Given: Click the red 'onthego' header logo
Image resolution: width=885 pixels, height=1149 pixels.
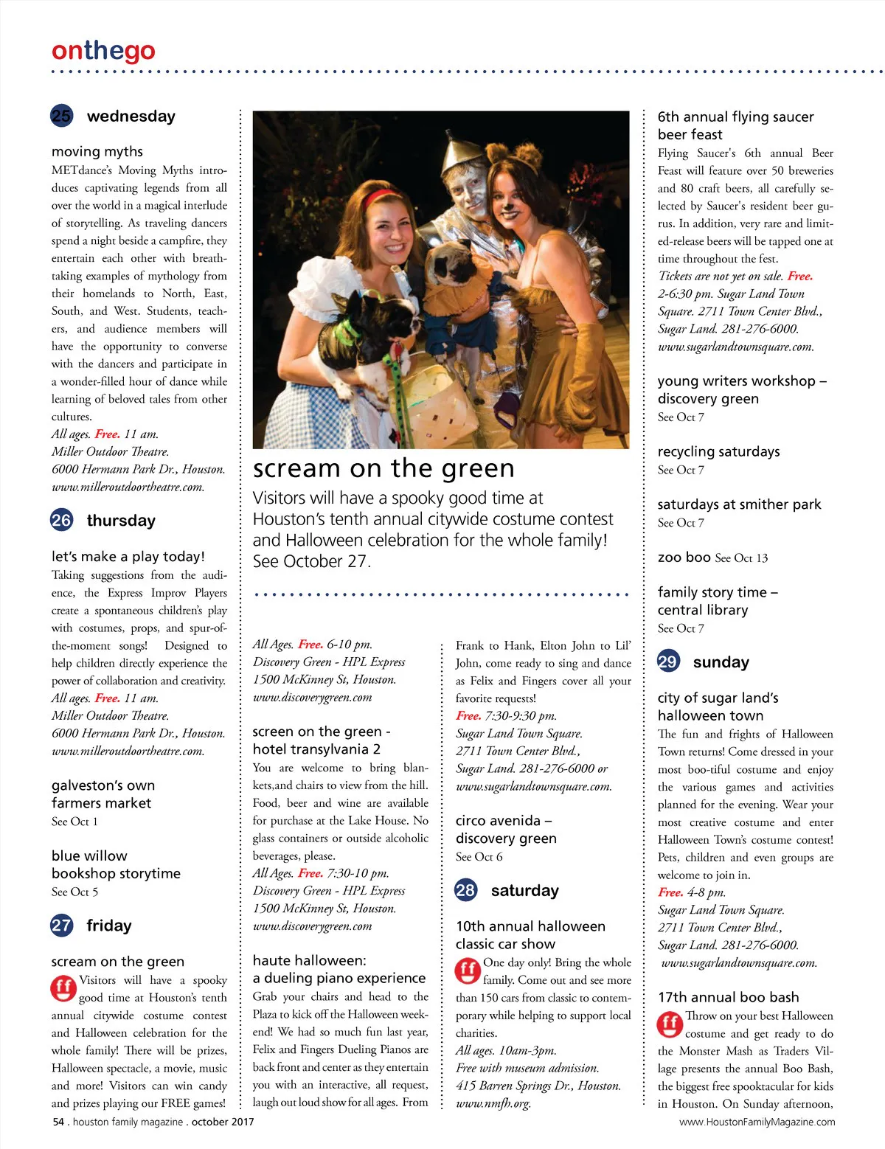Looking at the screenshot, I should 103,51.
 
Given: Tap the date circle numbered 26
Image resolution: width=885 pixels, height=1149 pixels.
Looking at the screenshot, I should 61,520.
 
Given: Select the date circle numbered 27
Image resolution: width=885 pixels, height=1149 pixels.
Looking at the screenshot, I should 61,925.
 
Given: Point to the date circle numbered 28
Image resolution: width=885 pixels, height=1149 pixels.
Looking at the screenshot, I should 465,890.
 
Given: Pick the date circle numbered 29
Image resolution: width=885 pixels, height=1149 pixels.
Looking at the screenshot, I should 667,662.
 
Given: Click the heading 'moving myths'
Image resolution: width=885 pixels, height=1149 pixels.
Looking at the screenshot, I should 97,151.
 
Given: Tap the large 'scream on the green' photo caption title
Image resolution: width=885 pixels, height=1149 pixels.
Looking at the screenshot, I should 383,468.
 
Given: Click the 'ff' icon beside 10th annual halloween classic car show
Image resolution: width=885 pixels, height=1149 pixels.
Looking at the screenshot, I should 467,970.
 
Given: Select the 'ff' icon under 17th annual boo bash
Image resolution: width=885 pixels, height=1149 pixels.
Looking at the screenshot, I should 670,1024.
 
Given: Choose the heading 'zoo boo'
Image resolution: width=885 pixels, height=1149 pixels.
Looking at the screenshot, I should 684,558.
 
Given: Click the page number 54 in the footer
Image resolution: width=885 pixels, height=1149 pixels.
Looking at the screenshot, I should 58,1122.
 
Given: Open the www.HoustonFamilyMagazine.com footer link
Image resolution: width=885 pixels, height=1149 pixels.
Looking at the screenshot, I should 757,1122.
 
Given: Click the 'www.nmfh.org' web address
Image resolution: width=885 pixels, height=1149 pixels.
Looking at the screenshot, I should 493,1103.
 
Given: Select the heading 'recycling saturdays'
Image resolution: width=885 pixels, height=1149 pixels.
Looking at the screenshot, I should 718,451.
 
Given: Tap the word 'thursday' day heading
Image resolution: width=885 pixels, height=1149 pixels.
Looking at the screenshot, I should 121,521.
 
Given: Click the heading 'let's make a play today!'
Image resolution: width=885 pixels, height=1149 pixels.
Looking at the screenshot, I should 128,556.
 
